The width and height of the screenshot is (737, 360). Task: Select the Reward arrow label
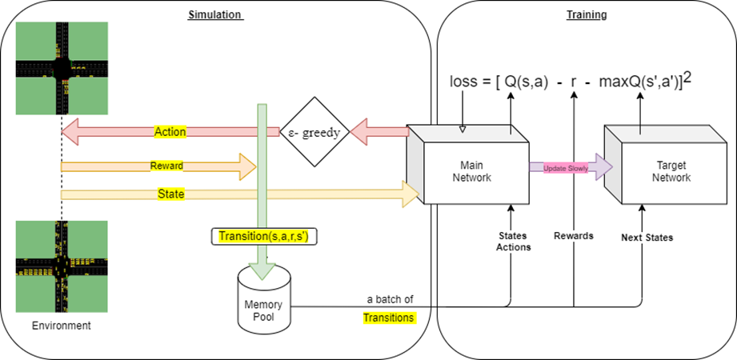(x=166, y=166)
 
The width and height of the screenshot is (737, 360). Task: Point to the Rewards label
(x=574, y=236)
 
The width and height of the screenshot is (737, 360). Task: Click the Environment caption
(x=61, y=326)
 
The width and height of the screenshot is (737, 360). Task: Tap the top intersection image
(x=61, y=67)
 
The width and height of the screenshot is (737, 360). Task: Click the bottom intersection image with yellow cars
(x=61, y=266)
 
